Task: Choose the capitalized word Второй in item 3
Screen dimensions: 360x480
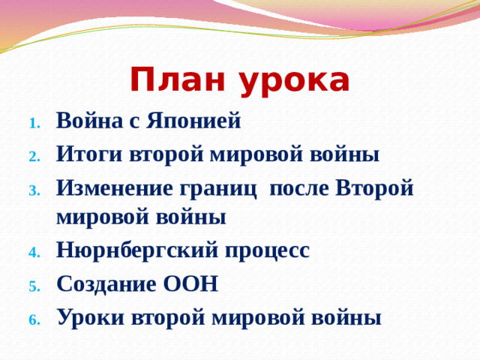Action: click(374, 190)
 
